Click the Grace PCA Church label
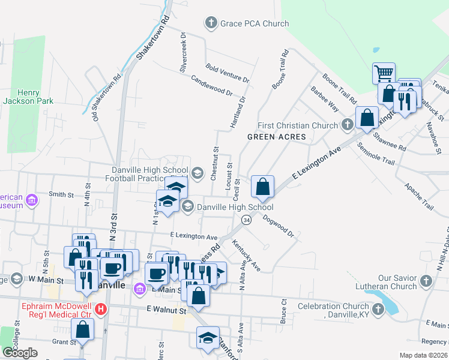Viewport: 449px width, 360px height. tap(255, 24)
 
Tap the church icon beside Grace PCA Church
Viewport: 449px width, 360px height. tap(211, 24)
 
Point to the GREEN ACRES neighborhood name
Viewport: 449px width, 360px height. tap(277, 137)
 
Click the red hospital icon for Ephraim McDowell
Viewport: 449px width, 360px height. tap(101, 310)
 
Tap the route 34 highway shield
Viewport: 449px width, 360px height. tap(247, 220)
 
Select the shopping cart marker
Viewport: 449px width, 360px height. tap(384, 73)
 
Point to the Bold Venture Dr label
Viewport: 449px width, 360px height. tap(228, 73)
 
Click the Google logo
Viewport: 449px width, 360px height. tap(20, 352)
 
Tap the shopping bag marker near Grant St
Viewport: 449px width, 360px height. tap(82, 329)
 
